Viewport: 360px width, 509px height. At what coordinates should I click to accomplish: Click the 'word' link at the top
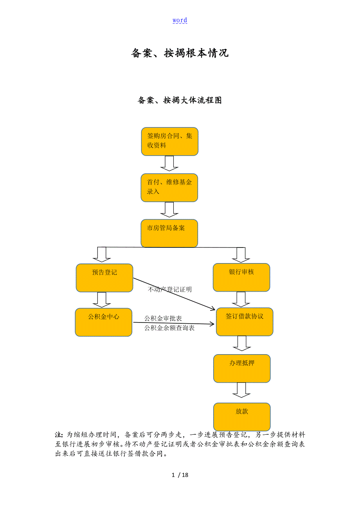click(180, 20)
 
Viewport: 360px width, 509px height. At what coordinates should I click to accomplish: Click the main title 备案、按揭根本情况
click(180, 53)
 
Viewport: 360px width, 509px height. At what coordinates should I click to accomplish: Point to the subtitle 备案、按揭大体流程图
click(180, 100)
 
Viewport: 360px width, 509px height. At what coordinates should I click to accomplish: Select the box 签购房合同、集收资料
click(169, 141)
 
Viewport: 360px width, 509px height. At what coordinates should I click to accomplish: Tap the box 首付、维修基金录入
click(169, 188)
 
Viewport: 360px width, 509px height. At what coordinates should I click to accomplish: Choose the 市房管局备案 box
click(169, 233)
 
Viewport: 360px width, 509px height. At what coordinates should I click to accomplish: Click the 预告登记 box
click(104, 278)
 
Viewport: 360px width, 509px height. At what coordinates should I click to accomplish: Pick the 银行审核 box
click(241, 277)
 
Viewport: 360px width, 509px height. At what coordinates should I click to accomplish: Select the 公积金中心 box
click(104, 322)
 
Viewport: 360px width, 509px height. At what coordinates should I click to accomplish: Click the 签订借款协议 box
click(245, 322)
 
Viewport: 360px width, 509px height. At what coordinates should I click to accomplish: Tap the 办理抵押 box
click(242, 368)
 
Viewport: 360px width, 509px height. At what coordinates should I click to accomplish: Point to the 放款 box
click(242, 417)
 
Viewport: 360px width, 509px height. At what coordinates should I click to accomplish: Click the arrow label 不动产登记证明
click(170, 290)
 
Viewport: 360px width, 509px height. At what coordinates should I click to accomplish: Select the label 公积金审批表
click(163, 319)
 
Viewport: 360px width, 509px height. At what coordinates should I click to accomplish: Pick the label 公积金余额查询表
click(169, 328)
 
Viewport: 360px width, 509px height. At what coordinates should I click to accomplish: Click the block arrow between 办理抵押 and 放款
click(241, 390)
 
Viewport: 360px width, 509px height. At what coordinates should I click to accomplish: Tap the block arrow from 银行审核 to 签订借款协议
click(241, 299)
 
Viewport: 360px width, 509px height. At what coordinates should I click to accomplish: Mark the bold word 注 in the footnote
click(58, 435)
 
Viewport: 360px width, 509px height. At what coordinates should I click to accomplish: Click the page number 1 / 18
click(180, 475)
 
